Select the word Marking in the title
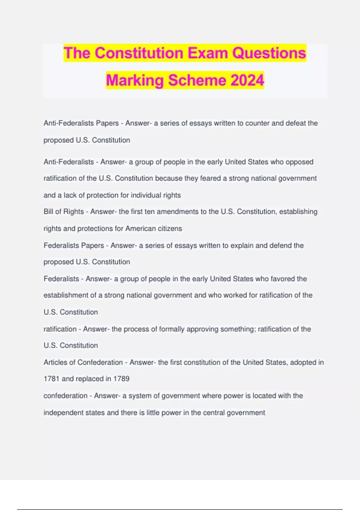(x=135, y=80)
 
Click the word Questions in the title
(x=269, y=53)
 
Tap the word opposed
(x=299, y=162)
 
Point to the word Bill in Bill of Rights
(x=48, y=211)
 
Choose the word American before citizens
(x=141, y=228)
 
